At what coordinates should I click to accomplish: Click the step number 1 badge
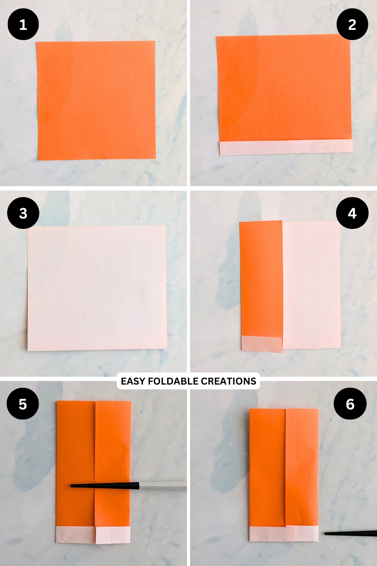pyautogui.click(x=23, y=24)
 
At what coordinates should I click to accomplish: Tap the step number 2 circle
pyautogui.click(x=352, y=24)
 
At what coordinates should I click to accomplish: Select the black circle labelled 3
pyautogui.click(x=23, y=213)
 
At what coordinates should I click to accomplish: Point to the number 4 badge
pyautogui.click(x=352, y=213)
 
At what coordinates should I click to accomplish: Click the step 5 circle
pyautogui.click(x=23, y=404)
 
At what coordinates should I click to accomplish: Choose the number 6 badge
pyautogui.click(x=350, y=404)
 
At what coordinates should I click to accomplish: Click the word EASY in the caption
pyautogui.click(x=133, y=381)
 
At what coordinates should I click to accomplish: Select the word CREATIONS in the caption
pyautogui.click(x=228, y=381)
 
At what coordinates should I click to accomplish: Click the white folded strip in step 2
pyautogui.click(x=286, y=147)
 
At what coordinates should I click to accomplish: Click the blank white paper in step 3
pyautogui.click(x=97, y=288)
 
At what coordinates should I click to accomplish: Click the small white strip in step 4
pyautogui.click(x=261, y=344)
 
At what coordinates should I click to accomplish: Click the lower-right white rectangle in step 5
pyautogui.click(x=112, y=535)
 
